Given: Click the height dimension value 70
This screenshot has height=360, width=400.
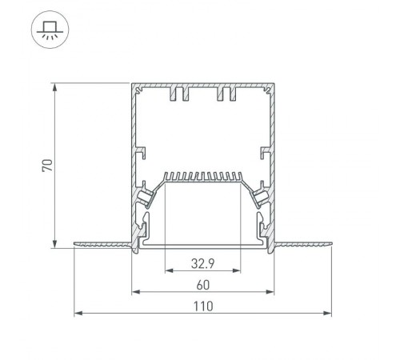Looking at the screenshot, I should [47, 166].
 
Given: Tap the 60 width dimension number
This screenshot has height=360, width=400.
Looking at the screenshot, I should [203, 283].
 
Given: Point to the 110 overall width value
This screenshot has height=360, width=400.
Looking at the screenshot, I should [203, 306].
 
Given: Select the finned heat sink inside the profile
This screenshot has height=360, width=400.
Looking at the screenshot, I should [203, 176].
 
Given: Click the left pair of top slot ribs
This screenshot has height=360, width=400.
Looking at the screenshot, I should [178, 95].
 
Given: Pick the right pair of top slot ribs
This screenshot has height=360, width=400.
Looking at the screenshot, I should [226, 95].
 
